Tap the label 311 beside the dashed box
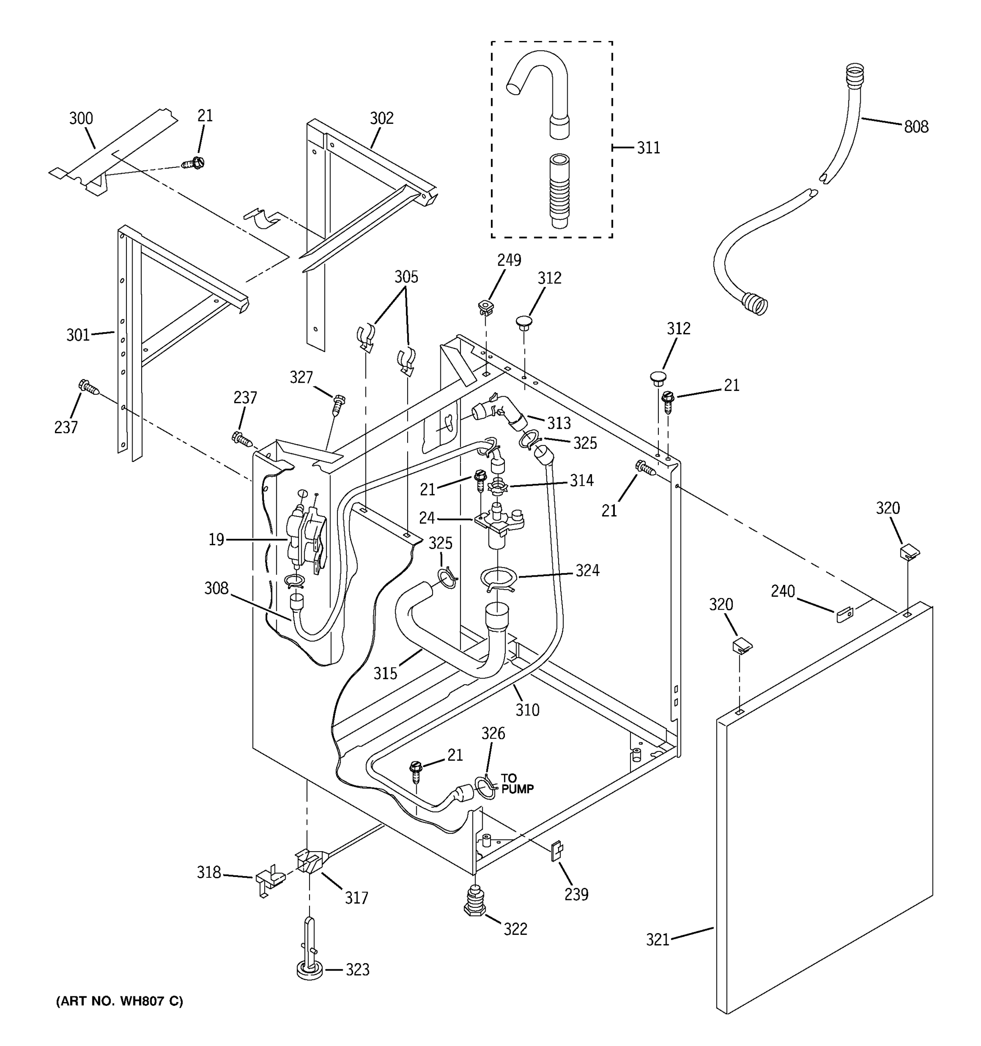648,148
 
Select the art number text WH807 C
119,1001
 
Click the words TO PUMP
516,784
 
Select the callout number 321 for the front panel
657,939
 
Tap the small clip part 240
844,614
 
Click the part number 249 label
509,260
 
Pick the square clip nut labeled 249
485,306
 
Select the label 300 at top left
81,119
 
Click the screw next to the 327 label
338,404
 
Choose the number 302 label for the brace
381,119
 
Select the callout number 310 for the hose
527,710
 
